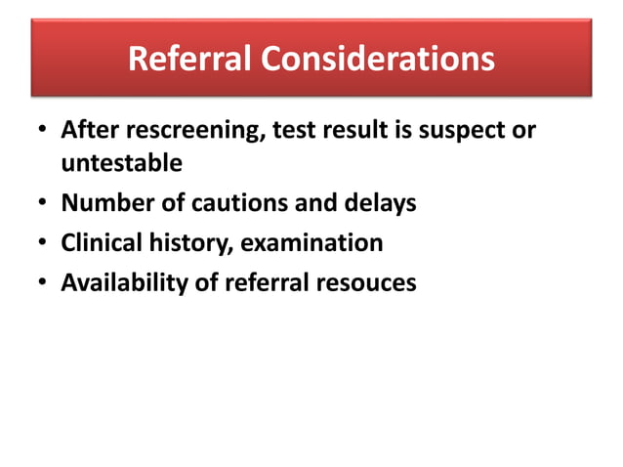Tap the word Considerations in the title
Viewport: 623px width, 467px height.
pos(375,60)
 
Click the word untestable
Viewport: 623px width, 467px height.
pos(122,163)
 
